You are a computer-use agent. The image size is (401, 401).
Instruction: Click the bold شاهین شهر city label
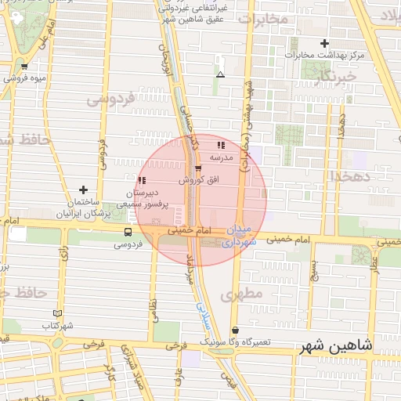[336, 345]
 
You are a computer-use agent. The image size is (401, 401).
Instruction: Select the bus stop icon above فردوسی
[128, 232]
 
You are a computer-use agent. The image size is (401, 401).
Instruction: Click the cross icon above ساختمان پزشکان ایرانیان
[83, 190]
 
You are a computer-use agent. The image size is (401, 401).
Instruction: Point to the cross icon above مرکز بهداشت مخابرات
[324, 43]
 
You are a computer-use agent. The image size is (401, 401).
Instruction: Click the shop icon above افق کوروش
[197, 168]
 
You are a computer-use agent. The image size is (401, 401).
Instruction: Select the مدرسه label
[222, 157]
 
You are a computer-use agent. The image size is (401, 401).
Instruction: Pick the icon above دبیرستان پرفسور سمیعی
[142, 181]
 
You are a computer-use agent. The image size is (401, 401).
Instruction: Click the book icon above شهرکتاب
[57, 313]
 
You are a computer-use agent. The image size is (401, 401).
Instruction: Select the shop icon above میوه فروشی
[24, 67]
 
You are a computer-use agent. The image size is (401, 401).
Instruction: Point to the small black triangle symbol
[220, 76]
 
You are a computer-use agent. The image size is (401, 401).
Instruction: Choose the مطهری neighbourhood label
[239, 294]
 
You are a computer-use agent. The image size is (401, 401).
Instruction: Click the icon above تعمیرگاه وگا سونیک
[236, 331]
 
